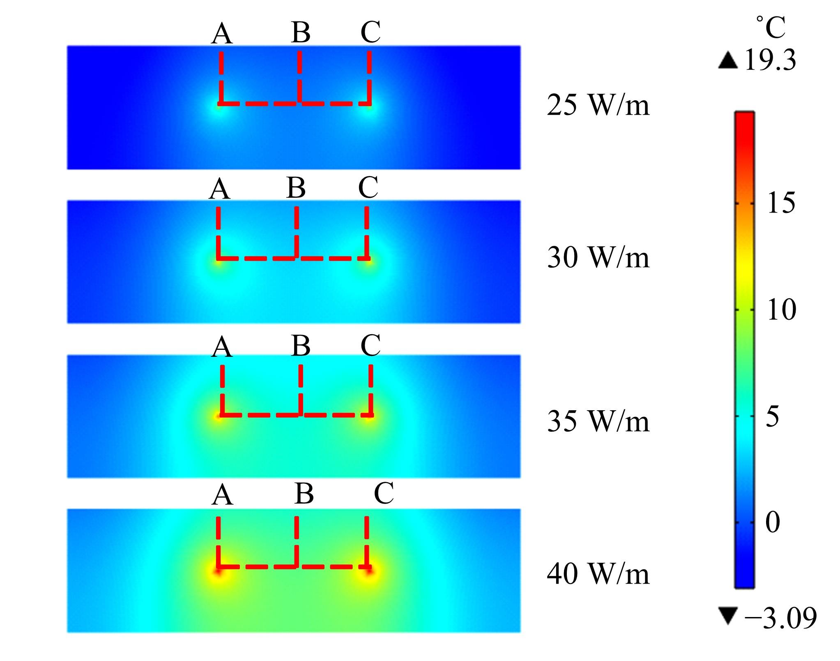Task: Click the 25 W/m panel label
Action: pyautogui.click(x=598, y=105)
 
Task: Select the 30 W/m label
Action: pyautogui.click(x=598, y=257)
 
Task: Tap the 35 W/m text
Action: pyautogui.click(x=598, y=421)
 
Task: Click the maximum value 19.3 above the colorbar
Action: pyautogui.click(x=770, y=60)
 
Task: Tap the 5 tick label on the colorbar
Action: pyautogui.click(x=773, y=416)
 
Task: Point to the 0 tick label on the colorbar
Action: pyautogui.click(x=773, y=522)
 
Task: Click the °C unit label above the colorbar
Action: pyautogui.click(x=771, y=28)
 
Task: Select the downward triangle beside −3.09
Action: pyautogui.click(x=727, y=617)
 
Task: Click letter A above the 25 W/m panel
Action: pyautogui.click(x=222, y=33)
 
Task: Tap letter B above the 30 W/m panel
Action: pyautogui.click(x=296, y=187)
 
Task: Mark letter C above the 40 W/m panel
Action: pyautogui.click(x=384, y=493)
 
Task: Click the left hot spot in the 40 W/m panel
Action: pyautogui.click(x=219, y=571)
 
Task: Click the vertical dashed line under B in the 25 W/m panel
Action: pyautogui.click(x=299, y=77)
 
